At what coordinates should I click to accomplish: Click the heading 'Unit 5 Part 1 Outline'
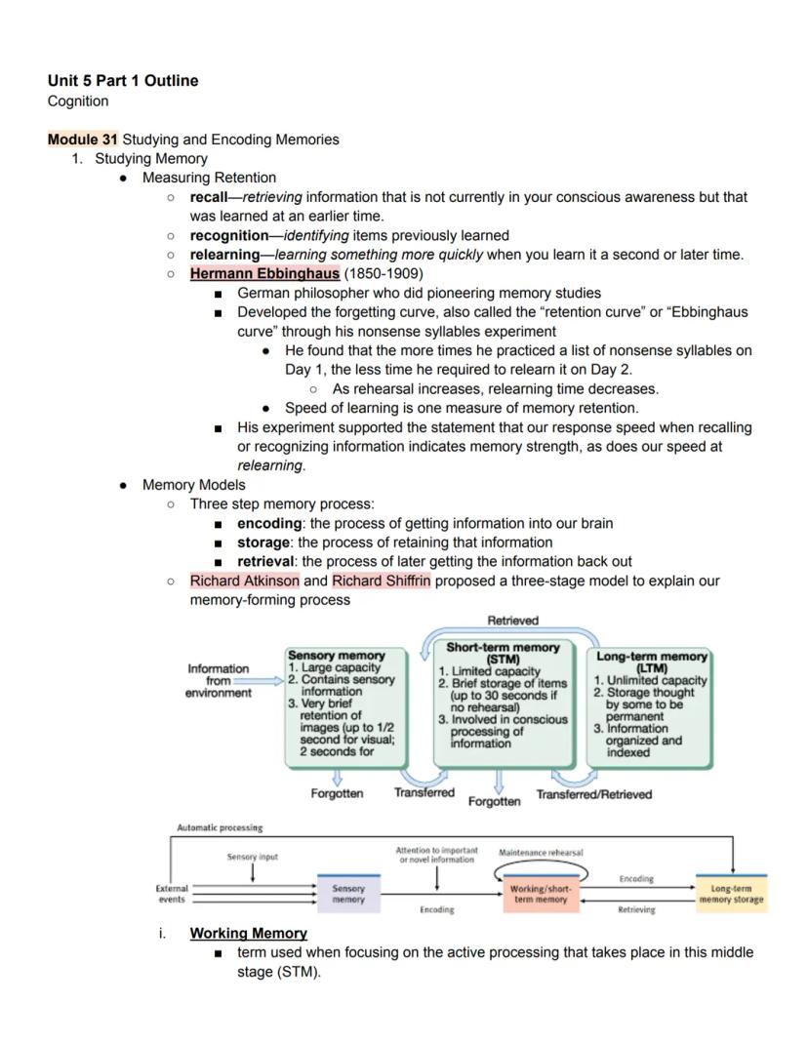122,81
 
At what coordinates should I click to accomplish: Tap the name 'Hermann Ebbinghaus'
264,273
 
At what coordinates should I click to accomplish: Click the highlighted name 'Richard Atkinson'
244,581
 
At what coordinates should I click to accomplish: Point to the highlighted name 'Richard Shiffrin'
381,581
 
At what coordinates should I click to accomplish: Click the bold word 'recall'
208,197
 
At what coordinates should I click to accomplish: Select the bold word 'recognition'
228,235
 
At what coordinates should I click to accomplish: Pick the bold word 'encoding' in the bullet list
269,523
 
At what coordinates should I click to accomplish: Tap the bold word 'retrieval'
266,561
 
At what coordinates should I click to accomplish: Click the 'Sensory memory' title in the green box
336,656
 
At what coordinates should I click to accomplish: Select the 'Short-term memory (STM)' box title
503,653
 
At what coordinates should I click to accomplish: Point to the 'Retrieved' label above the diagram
512,621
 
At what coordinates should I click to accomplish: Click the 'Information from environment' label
219,680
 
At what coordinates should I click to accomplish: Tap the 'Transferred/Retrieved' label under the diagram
593,794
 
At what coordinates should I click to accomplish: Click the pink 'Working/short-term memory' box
540,894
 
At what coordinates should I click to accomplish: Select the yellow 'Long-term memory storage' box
731,894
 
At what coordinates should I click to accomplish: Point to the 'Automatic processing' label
220,827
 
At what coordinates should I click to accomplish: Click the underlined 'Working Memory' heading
248,933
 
